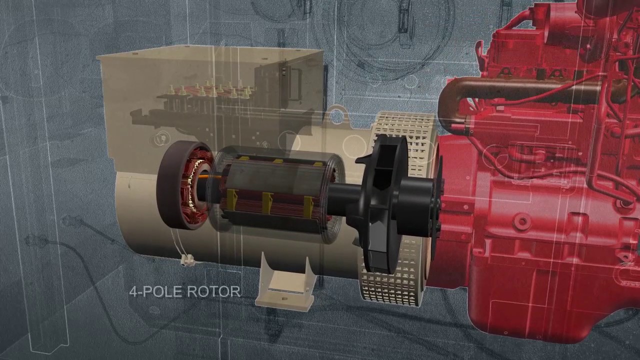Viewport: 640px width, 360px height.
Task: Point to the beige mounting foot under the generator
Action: pyautogui.click(x=284, y=285)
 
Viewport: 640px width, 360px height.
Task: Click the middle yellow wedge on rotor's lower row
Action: pyautogui.click(x=267, y=202)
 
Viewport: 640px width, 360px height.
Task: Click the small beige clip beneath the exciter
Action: pyautogui.click(x=187, y=260)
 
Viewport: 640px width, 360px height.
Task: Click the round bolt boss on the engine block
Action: pyautogui.click(x=522, y=220)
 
